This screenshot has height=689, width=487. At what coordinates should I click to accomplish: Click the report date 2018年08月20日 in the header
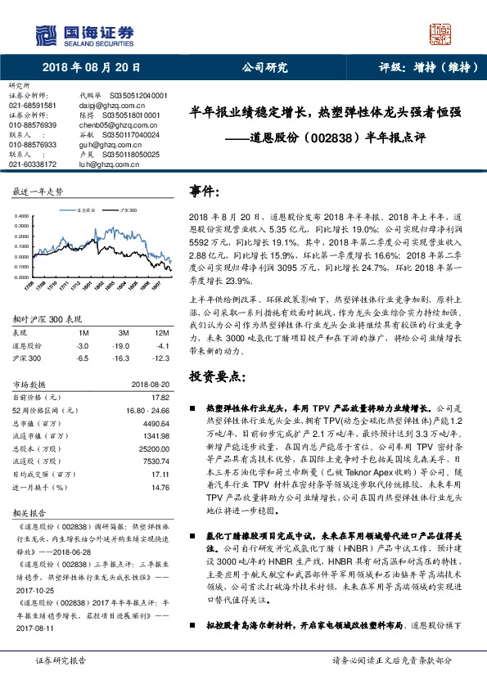(x=92, y=68)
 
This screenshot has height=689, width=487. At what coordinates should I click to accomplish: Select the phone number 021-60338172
(x=33, y=164)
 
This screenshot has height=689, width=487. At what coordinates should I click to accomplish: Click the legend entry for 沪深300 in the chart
(x=126, y=209)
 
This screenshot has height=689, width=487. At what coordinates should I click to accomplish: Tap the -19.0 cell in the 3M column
(x=124, y=346)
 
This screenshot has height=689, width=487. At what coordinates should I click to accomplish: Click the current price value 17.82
(x=160, y=397)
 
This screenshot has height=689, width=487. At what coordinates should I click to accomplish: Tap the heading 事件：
(x=205, y=191)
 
